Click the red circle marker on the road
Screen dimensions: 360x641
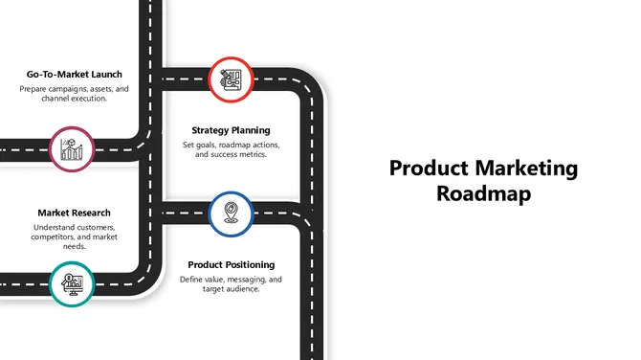pyautogui.click(x=231, y=79)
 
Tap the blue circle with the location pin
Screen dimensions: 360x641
pyautogui.click(x=231, y=213)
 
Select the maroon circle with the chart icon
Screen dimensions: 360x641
pyautogui.click(x=72, y=149)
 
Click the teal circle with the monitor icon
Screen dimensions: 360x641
pyautogui.click(x=72, y=283)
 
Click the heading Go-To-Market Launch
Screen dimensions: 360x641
pyautogui.click(x=75, y=74)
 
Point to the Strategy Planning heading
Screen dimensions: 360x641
pyautogui.click(x=231, y=130)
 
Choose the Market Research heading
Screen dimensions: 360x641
pyautogui.click(x=75, y=213)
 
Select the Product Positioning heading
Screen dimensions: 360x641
pyautogui.click(x=232, y=264)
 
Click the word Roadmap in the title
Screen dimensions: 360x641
pyautogui.click(x=483, y=192)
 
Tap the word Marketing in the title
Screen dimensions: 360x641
pyautogui.click(x=525, y=169)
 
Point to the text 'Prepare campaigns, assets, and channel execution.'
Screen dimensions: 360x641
pyautogui.click(x=75, y=94)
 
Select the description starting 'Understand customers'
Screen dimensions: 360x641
pyautogui.click(x=75, y=236)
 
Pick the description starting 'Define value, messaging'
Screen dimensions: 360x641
pyautogui.click(x=232, y=283)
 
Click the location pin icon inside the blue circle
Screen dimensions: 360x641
pyautogui.click(x=231, y=212)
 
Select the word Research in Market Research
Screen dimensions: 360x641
pyautogui.click(x=92, y=213)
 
